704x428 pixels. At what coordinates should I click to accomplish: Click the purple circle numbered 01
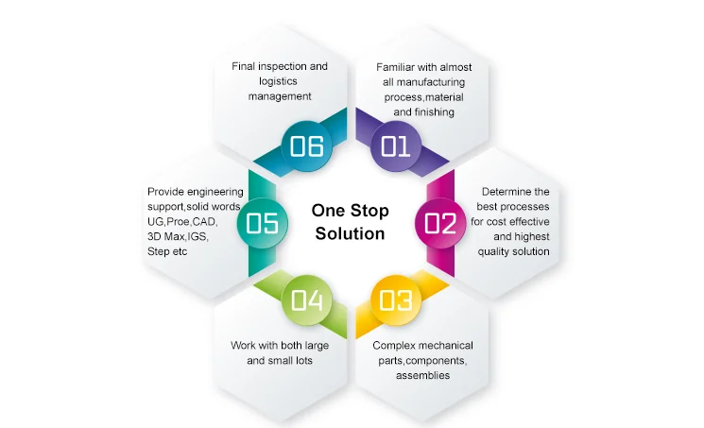coord(395,146)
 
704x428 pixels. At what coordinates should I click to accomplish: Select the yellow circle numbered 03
coord(395,300)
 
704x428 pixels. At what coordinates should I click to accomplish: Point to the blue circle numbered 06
coord(307,146)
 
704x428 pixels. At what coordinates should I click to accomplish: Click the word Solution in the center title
coord(351,233)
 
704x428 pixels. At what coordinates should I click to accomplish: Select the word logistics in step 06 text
coord(280,81)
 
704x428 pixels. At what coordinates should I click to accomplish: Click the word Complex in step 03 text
coord(394,346)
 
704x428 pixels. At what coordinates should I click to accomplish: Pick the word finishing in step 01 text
coord(438,111)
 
